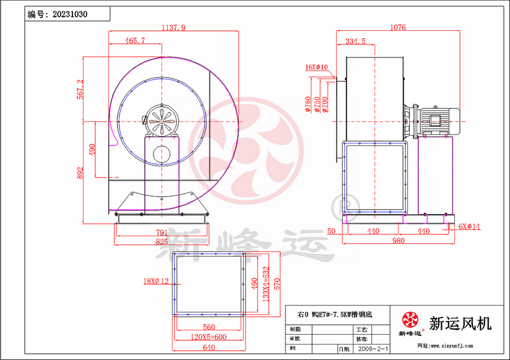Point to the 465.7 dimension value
coord(134,41)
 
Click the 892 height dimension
coord(80,174)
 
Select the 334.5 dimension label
coord(355,41)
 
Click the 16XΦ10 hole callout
coord(316,67)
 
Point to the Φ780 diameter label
coord(308,106)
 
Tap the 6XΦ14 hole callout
coord(469,227)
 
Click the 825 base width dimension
coord(162,241)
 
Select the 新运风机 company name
coord(460,323)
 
